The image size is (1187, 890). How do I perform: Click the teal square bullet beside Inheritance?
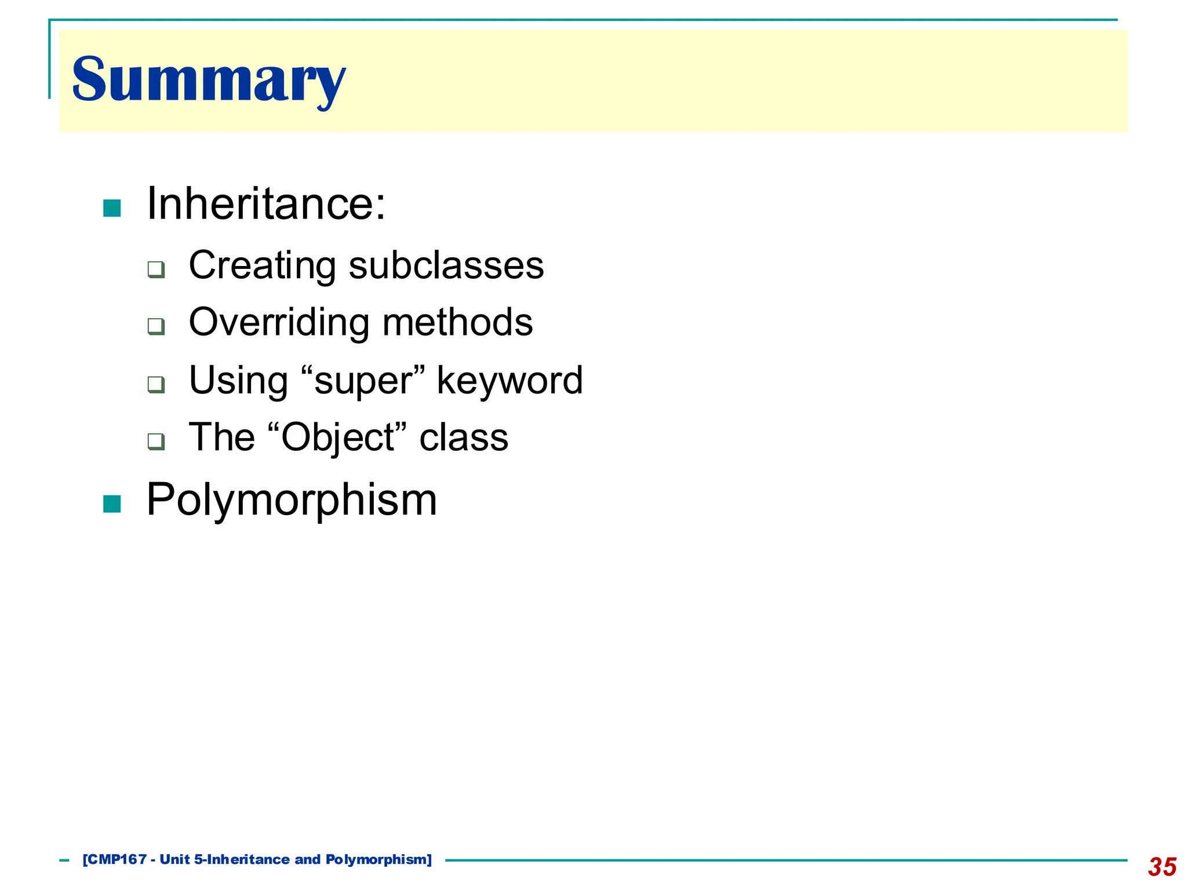tap(112, 208)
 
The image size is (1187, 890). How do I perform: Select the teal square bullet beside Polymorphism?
tap(112, 504)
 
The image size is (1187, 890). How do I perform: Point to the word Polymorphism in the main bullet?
tap(292, 499)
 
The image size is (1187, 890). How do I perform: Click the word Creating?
tap(262, 265)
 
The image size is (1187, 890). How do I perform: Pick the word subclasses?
tap(446, 265)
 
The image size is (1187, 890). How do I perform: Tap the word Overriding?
tap(281, 322)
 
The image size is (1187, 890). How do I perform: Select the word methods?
tap(457, 322)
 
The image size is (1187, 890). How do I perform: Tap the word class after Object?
tap(464, 437)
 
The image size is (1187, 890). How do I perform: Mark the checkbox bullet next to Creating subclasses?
tap(156, 269)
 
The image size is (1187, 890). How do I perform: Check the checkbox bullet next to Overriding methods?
tap(156, 326)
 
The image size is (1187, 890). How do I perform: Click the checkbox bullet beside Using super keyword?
tap(156, 384)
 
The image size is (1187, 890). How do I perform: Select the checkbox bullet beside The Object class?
tap(156, 442)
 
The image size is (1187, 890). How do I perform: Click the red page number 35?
tap(1161, 867)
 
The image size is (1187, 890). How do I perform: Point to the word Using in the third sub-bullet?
tap(239, 381)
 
